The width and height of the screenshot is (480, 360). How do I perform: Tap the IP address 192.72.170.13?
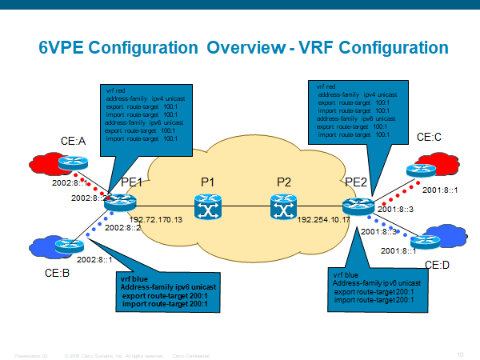coord(155,218)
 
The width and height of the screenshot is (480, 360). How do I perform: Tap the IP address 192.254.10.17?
coord(324,218)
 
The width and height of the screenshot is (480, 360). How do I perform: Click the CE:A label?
coord(74,142)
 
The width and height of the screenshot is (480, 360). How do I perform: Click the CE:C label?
coord(430,138)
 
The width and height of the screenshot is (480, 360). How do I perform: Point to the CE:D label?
coord(436,265)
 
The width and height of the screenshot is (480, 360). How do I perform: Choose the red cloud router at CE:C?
coord(418,170)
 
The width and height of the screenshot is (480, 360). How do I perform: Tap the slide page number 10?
coord(460,354)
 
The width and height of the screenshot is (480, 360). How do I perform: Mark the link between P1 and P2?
coord(246,209)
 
